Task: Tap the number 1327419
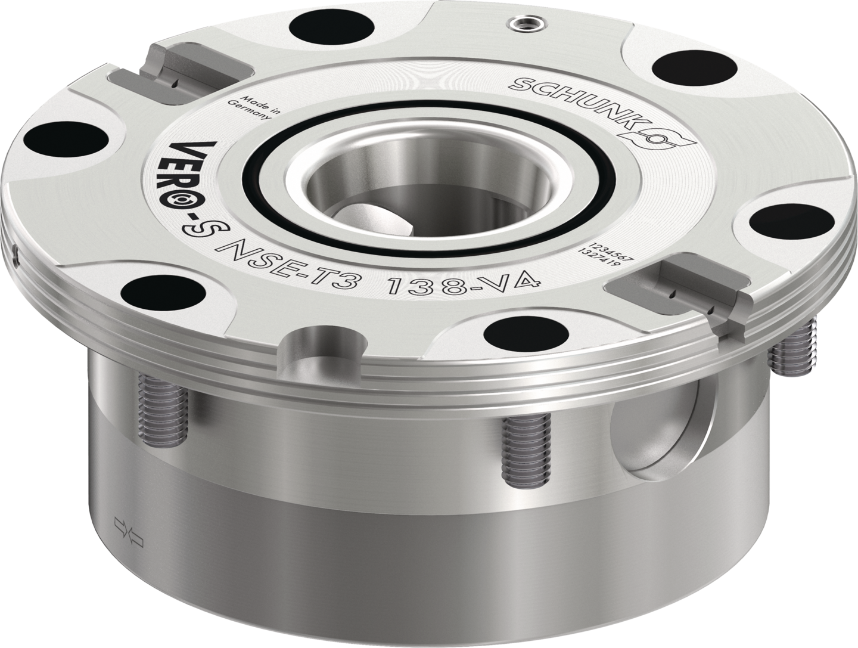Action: click(598, 259)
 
